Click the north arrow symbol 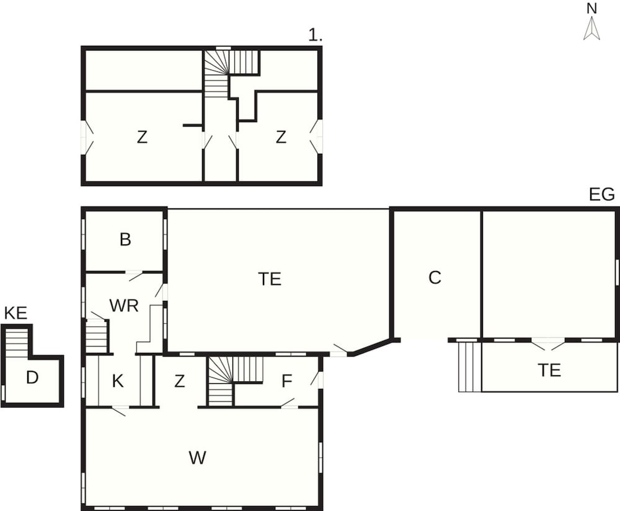tap(592, 29)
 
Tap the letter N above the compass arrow tap(592, 9)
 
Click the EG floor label tap(602, 195)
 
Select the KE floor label tap(16, 313)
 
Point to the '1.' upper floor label tap(315, 35)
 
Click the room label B tap(125, 239)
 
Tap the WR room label tap(124, 306)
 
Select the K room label tap(118, 381)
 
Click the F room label tap(286, 381)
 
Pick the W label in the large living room tap(197, 458)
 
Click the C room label tap(435, 278)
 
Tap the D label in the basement tap(32, 378)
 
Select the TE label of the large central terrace tap(270, 279)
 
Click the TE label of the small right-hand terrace tap(549, 371)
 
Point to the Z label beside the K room tap(180, 381)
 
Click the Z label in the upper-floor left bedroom tap(142, 137)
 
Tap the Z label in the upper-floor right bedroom tap(281, 137)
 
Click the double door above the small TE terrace tap(547, 344)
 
